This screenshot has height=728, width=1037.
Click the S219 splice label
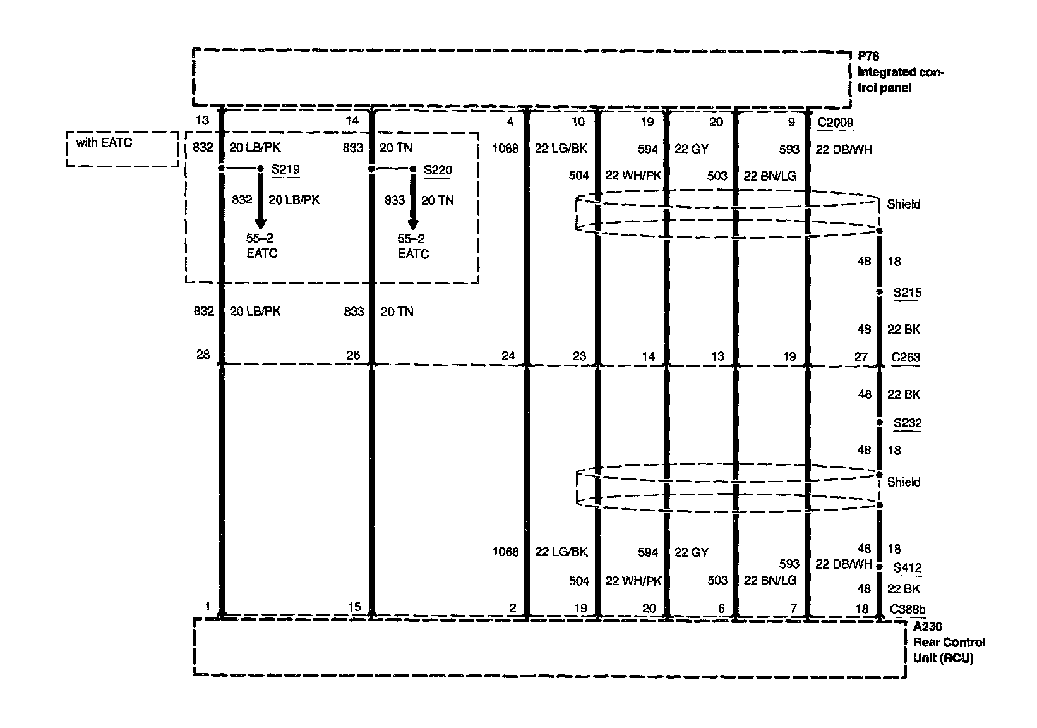pos(285,169)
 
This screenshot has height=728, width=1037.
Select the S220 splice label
pos(438,170)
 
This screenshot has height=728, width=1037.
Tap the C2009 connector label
pos(835,123)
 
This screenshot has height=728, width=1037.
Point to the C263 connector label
pos(905,357)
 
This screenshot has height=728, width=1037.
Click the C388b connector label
pos(908,609)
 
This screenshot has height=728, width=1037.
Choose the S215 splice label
pos(908,293)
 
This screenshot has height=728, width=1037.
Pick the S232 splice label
pos(908,423)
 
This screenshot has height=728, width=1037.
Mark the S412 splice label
pos(908,567)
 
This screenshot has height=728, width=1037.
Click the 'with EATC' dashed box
pos(122,149)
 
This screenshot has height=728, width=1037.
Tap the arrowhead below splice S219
pos(260,224)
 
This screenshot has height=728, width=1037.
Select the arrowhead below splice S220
pos(413,224)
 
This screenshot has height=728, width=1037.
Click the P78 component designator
pos(868,56)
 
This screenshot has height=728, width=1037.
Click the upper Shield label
pos(903,204)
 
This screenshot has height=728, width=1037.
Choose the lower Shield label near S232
pos(903,482)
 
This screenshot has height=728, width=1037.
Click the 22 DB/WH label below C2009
pos(844,150)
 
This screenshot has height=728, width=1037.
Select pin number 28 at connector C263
pos(203,355)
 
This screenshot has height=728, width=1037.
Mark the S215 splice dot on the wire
pos(879,293)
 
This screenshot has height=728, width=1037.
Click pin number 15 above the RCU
pos(354,607)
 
